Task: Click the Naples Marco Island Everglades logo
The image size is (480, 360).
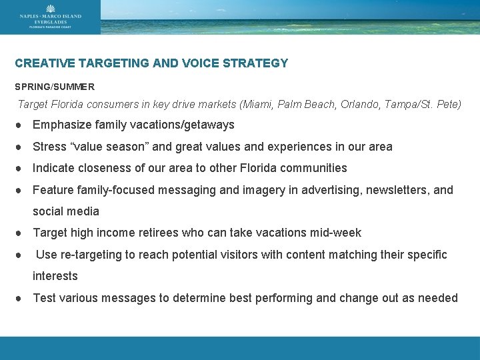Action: click(51, 17)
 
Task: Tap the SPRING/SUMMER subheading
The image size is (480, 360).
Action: click(55, 87)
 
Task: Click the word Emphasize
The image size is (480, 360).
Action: click(61, 125)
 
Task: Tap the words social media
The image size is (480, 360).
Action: click(66, 211)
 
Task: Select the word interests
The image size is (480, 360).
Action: click(55, 276)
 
